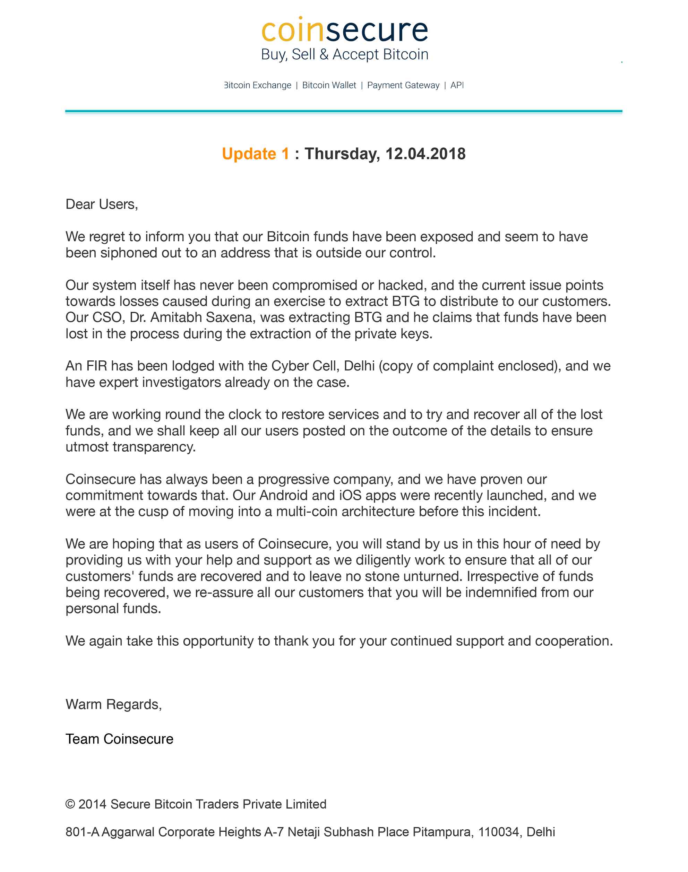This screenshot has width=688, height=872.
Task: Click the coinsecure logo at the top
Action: (344, 30)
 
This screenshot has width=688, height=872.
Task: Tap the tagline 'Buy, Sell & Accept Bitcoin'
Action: (344, 54)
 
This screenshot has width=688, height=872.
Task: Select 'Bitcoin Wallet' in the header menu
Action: (329, 85)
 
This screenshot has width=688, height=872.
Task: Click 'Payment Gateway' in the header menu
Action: (403, 85)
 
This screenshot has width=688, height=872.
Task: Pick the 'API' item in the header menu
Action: (457, 85)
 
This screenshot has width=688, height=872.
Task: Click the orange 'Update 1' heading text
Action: (255, 154)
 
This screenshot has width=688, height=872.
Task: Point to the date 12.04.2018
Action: (425, 154)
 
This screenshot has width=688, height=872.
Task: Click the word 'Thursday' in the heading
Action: (342, 154)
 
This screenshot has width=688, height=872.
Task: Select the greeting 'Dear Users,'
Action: (102, 204)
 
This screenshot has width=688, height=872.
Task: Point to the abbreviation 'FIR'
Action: (97, 366)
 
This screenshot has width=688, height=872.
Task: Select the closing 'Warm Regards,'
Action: (114, 705)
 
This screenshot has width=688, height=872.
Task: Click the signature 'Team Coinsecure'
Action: (119, 739)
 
